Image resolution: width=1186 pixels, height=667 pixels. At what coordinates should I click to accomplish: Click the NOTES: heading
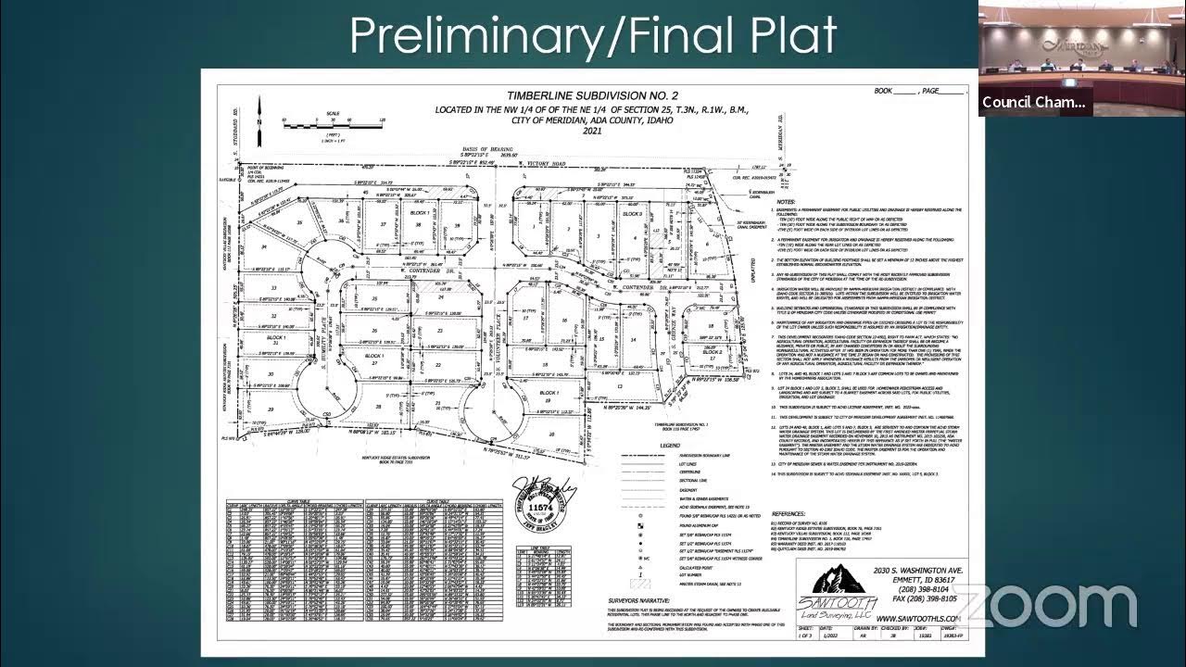(786, 201)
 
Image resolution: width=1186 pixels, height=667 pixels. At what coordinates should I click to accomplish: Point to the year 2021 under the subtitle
(592, 132)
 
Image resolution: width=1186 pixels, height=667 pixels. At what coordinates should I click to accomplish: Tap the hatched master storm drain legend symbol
(636, 584)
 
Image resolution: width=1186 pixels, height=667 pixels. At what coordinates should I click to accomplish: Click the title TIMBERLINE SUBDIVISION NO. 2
(592, 95)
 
